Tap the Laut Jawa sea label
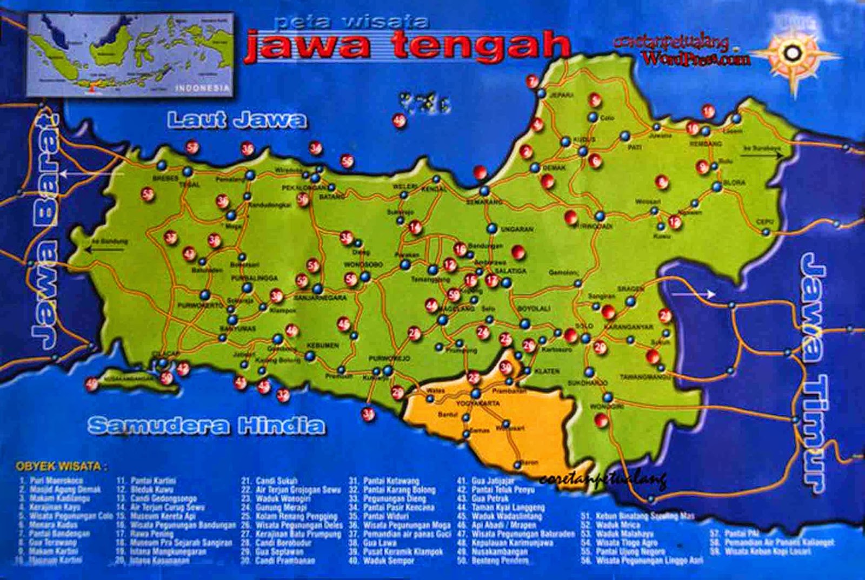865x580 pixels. click(237, 120)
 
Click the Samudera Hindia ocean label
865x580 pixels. click(207, 426)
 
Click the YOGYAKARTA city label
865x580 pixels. click(478, 403)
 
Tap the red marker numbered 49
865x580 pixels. click(91, 383)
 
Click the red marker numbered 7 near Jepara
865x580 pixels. click(533, 82)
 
